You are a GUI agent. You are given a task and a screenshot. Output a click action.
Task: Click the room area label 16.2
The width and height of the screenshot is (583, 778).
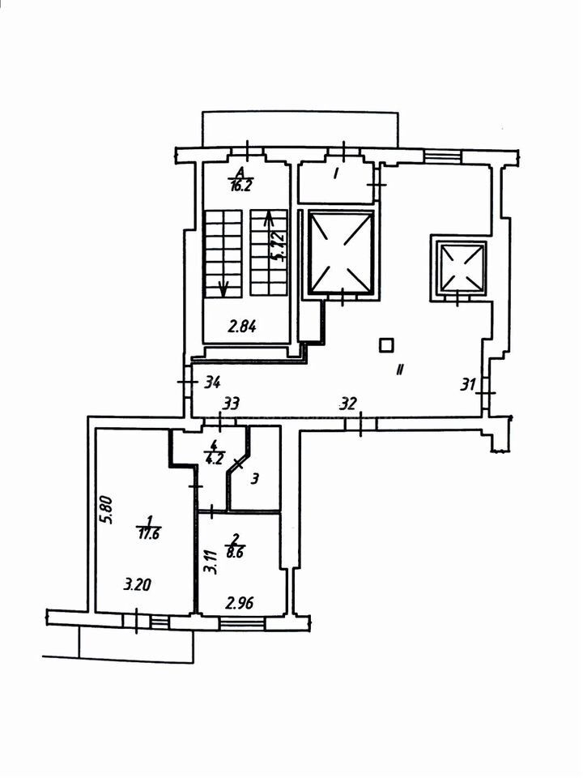(x=241, y=186)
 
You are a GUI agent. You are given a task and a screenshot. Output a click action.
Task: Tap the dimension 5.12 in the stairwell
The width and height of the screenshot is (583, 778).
(x=280, y=246)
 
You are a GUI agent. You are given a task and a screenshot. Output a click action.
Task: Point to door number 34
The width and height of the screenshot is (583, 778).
(x=212, y=383)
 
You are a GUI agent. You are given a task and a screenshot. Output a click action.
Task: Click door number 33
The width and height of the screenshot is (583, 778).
(x=231, y=404)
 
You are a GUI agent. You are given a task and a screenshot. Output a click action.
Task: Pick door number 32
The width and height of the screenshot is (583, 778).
(x=348, y=404)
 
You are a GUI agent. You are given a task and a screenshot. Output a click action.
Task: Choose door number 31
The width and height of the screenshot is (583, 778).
(x=468, y=384)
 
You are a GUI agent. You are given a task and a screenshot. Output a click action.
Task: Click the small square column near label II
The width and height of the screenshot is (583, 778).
(x=386, y=344)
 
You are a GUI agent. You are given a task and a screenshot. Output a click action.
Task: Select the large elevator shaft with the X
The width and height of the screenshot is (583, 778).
(x=341, y=252)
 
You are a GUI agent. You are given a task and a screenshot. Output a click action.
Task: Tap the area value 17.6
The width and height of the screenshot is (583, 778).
(x=149, y=534)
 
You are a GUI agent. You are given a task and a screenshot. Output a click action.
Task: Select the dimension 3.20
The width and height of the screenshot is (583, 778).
(x=137, y=585)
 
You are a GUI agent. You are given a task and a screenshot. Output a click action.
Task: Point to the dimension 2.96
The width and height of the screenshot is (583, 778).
(x=240, y=603)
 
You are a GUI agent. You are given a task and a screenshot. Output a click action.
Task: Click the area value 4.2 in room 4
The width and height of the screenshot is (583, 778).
(x=213, y=459)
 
